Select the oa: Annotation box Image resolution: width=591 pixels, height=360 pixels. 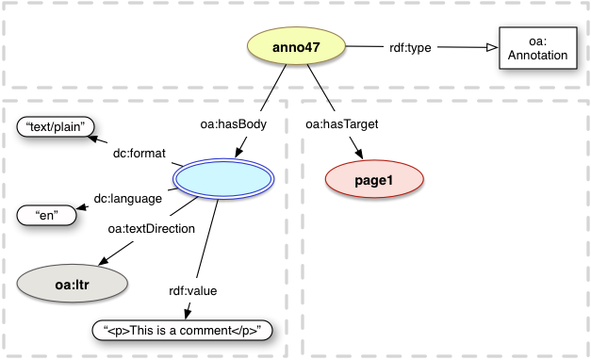click(534, 48)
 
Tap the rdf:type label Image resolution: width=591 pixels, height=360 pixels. click(411, 47)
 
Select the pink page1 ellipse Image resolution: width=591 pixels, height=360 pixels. click(374, 179)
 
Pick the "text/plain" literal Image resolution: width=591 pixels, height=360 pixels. click(56, 127)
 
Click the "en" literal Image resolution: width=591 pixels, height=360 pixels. click(42, 215)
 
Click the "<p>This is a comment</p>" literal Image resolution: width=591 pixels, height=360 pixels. click(187, 330)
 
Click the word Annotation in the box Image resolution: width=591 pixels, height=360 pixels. click(534, 56)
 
